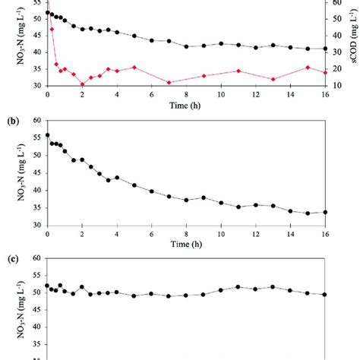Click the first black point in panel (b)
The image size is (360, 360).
click(47, 135)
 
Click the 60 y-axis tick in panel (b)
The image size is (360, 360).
click(36, 120)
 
